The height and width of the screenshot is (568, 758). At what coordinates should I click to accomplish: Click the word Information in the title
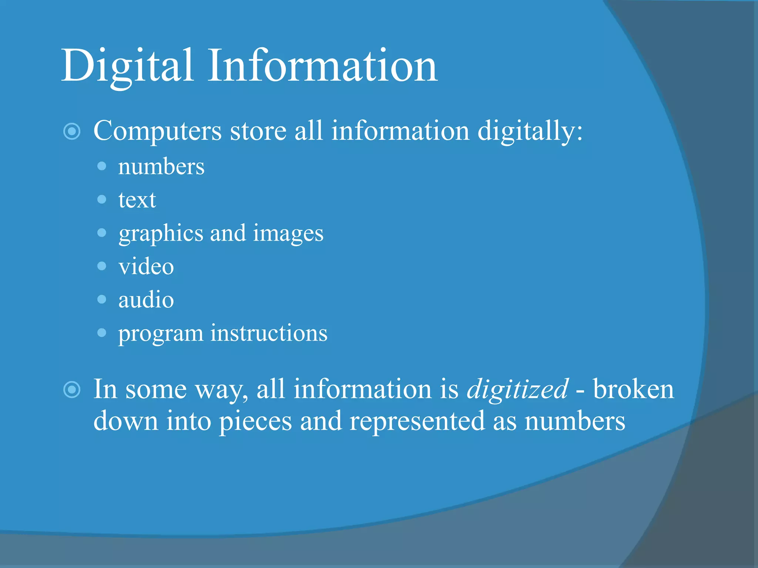click(x=322, y=66)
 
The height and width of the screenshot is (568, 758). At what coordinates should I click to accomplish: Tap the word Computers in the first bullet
click(x=158, y=131)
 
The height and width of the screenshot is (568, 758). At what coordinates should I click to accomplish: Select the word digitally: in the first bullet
click(x=530, y=131)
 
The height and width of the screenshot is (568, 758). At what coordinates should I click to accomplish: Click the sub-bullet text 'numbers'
click(x=161, y=167)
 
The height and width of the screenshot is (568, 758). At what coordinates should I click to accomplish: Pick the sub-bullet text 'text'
click(x=137, y=200)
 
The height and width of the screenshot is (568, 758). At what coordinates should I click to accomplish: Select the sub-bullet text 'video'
click(x=146, y=266)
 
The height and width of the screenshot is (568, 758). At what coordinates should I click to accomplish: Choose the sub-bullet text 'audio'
click(x=146, y=300)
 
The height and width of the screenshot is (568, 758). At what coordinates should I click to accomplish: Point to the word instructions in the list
click(x=269, y=333)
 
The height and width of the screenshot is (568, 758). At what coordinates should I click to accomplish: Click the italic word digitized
click(x=517, y=389)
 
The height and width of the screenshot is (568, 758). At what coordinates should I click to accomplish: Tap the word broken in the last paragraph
click(x=634, y=389)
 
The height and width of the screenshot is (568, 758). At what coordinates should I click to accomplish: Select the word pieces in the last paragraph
click(x=255, y=422)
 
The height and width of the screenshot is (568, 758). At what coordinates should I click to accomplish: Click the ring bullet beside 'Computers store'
click(x=72, y=131)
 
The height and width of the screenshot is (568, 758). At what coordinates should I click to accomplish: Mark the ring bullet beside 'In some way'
click(x=72, y=390)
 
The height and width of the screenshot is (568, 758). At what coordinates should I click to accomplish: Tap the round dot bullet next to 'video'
click(x=102, y=266)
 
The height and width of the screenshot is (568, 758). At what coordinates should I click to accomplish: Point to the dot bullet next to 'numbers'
click(x=102, y=166)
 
